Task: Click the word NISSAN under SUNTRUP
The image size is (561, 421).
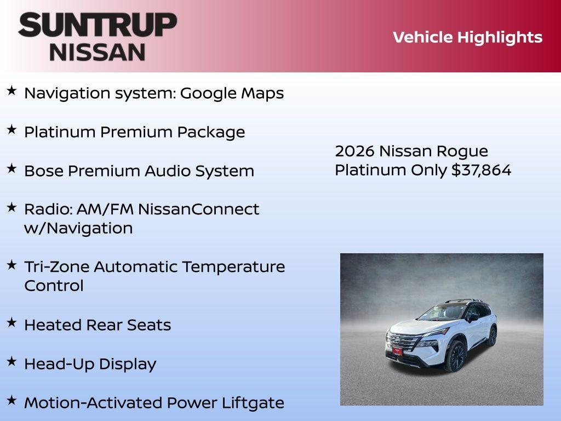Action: click(x=98, y=52)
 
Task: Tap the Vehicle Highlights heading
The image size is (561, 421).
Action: click(x=467, y=37)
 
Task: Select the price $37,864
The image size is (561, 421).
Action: click(x=481, y=170)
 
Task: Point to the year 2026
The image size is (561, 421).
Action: click(x=354, y=151)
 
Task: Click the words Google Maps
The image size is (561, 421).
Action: click(x=232, y=93)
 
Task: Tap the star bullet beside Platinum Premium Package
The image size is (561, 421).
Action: click(x=12, y=130)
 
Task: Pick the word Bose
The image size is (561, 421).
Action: click(x=43, y=170)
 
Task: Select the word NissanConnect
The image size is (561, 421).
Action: click(x=198, y=209)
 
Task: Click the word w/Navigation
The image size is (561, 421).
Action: click(x=78, y=228)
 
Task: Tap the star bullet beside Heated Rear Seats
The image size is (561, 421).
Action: click(x=12, y=323)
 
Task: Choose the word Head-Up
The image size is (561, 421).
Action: click(x=52, y=364)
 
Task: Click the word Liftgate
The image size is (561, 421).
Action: click(x=253, y=402)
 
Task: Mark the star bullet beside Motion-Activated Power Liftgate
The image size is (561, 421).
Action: click(x=12, y=401)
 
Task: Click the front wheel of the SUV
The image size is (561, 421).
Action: click(x=456, y=356)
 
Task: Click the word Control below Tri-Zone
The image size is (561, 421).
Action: click(x=54, y=286)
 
